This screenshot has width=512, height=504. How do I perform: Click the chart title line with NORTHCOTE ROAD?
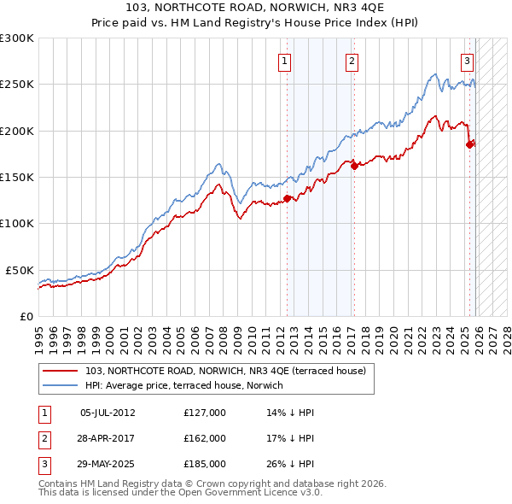256,7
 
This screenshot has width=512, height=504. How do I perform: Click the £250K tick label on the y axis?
17,85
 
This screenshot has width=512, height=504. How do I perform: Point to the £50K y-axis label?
20,270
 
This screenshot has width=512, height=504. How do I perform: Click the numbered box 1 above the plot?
283,61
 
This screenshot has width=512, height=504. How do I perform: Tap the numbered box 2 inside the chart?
352,61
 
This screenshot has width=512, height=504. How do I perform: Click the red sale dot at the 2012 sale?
287,198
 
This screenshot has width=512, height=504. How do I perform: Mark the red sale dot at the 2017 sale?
355,166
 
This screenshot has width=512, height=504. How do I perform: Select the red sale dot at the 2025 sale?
469,144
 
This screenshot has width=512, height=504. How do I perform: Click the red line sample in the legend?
61,371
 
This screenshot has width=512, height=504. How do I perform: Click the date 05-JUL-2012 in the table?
108,413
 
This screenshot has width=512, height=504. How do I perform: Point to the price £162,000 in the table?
204,438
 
